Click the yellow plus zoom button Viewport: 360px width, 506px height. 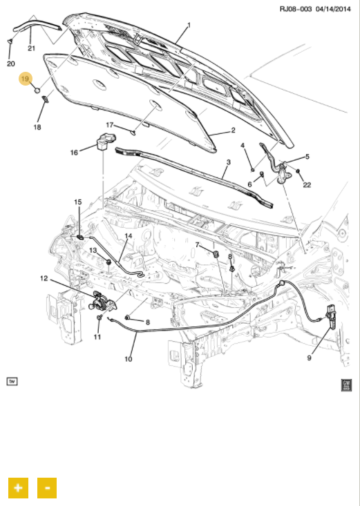pyautogui.click(x=18, y=487)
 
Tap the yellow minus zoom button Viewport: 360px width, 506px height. pyautogui.click(x=47, y=487)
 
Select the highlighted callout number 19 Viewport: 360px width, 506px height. pyautogui.click(x=25, y=79)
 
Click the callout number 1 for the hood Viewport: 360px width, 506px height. pyautogui.click(x=189, y=25)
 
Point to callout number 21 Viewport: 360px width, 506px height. pyautogui.click(x=31, y=48)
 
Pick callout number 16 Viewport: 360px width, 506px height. pyautogui.click(x=74, y=153)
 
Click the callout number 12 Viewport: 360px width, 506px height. pyautogui.click(x=44, y=278)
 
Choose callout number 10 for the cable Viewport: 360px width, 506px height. pyautogui.click(x=129, y=359)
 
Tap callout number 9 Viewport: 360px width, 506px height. pyautogui.click(x=310, y=358)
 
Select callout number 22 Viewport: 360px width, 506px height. pyautogui.click(x=307, y=185)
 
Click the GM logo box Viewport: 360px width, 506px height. pyautogui.click(x=346, y=385)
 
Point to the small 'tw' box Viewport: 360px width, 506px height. pyautogui.click(x=12, y=382)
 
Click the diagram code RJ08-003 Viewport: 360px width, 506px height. pyautogui.click(x=296, y=9)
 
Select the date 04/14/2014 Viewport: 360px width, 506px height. pyautogui.click(x=333, y=9)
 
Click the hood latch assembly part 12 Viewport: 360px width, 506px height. pyautogui.click(x=101, y=301)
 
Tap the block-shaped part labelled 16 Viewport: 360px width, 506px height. pyautogui.click(x=105, y=142)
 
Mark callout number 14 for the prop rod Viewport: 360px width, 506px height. pyautogui.click(x=129, y=236)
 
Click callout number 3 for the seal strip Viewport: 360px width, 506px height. pyautogui.click(x=228, y=162)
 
